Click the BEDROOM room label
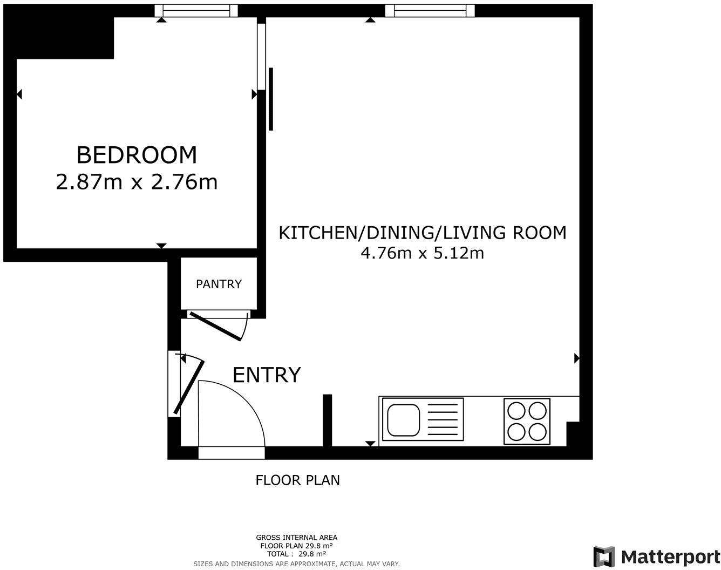point(137,155)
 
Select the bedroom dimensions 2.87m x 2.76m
point(137,182)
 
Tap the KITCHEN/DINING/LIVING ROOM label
point(422,233)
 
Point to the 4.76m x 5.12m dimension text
point(422,253)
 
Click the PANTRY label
point(219,284)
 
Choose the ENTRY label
point(266,375)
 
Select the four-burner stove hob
point(527,421)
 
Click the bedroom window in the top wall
point(196,10)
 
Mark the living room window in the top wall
point(434,10)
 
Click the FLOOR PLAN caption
point(297,480)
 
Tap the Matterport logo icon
point(604,557)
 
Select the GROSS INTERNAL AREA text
point(296,537)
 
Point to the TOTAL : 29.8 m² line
point(296,554)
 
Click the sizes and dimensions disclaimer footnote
point(296,564)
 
